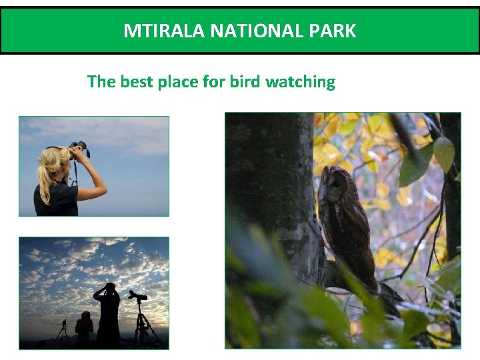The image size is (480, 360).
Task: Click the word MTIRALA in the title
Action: [157, 31]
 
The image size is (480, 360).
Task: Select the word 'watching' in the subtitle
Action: [301, 82]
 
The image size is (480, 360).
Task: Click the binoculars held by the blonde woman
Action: [80, 149]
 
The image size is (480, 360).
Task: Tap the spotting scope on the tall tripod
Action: [138, 295]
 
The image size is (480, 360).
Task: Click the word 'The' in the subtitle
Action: [101, 82]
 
